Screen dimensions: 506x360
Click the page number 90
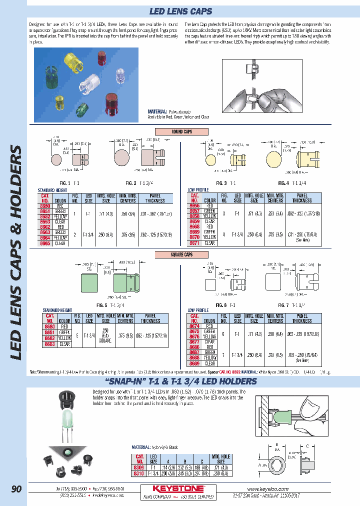pyautogui.click(x=16, y=489)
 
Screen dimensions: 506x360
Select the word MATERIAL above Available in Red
pyautogui.click(x=158, y=111)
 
